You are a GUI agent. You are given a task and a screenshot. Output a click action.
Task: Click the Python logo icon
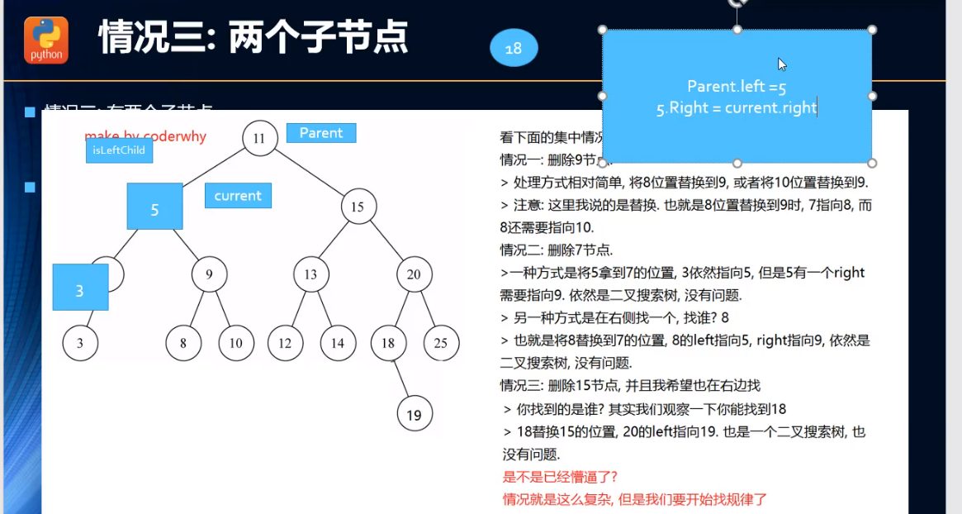(x=46, y=40)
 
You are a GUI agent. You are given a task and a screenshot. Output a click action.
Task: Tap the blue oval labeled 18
(x=514, y=49)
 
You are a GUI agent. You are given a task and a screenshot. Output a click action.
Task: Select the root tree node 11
(x=259, y=138)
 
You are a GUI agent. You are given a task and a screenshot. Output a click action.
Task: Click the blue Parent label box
(x=321, y=133)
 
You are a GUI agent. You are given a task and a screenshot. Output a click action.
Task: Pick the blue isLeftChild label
(x=119, y=150)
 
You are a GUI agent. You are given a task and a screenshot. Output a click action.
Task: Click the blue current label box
(x=238, y=196)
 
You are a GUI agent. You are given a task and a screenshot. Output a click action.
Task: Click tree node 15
(x=358, y=207)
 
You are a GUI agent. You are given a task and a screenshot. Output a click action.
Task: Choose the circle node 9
(x=210, y=274)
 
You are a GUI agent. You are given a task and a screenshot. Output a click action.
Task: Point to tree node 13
(x=310, y=274)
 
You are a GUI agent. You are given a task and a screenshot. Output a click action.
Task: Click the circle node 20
(x=414, y=274)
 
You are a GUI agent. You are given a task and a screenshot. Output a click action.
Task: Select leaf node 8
(x=183, y=343)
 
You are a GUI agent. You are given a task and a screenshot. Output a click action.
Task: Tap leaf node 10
(x=236, y=343)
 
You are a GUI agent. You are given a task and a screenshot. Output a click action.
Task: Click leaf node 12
(x=285, y=343)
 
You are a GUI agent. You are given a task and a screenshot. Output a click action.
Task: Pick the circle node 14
(x=337, y=343)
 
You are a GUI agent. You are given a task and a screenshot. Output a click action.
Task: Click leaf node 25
(x=441, y=343)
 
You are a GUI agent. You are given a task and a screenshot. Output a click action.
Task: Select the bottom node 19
(x=414, y=415)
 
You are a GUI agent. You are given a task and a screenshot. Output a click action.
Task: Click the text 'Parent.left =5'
(x=737, y=86)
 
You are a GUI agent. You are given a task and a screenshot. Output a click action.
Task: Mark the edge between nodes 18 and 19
(x=401, y=378)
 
